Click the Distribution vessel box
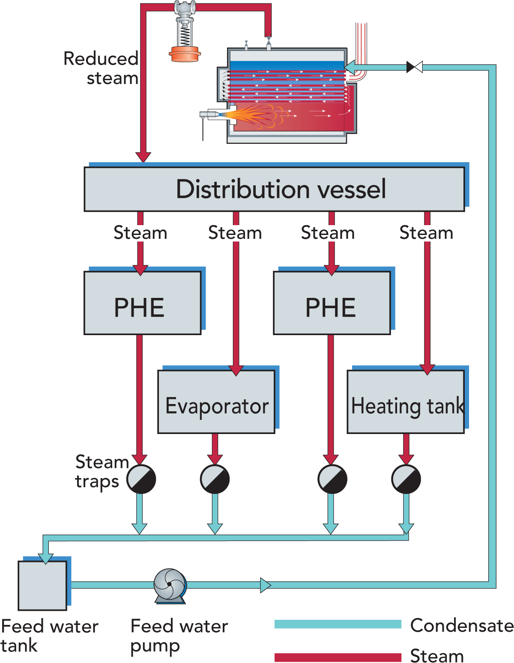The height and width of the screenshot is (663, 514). [x=274, y=189]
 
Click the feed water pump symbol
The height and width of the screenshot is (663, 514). [x=170, y=585]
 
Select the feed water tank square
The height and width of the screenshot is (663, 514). [x=42, y=585]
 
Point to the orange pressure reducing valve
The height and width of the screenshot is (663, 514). [x=185, y=54]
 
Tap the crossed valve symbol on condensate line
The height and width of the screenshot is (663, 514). [x=414, y=67]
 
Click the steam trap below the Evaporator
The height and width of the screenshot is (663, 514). [x=215, y=479]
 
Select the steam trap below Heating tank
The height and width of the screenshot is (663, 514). [x=406, y=479]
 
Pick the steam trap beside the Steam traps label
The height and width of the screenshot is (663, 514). [x=141, y=479]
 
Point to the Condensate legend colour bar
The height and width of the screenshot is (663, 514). [x=338, y=624]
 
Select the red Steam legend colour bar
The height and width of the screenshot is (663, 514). [x=338, y=657]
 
